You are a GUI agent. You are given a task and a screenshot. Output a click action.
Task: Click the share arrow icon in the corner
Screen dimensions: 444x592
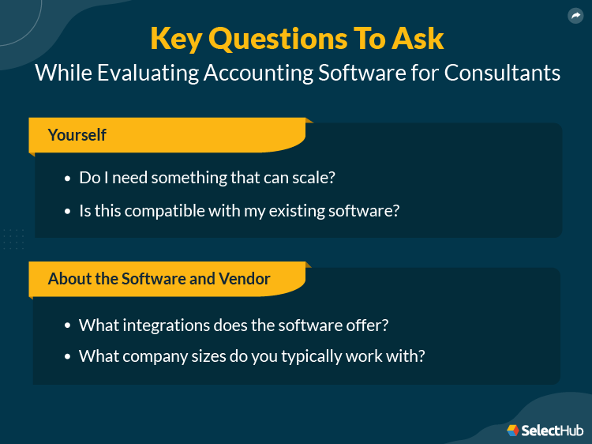pos(575,15)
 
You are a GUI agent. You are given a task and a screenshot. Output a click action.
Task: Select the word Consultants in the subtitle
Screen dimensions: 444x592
pos(502,73)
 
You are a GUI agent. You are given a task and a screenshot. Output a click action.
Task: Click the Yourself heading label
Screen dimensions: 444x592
pos(77,135)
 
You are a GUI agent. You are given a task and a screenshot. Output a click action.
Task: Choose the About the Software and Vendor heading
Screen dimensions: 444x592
pos(159,279)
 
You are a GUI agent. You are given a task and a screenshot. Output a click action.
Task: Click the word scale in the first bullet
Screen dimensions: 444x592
pos(312,178)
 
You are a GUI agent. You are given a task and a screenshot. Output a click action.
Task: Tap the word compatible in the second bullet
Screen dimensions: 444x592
pos(172,211)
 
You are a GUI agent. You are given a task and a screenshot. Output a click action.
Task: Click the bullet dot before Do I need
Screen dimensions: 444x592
pos(67,179)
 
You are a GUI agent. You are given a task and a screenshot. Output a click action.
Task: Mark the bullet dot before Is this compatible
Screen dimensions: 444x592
pos(67,212)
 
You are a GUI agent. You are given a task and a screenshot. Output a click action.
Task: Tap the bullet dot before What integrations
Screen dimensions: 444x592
pos(67,325)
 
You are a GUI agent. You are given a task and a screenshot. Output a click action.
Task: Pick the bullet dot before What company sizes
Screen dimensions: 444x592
pos(67,357)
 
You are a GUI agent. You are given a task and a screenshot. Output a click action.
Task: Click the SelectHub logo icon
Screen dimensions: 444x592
pos(513,430)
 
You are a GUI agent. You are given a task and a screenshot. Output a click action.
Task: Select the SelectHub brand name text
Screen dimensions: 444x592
pos(553,430)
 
